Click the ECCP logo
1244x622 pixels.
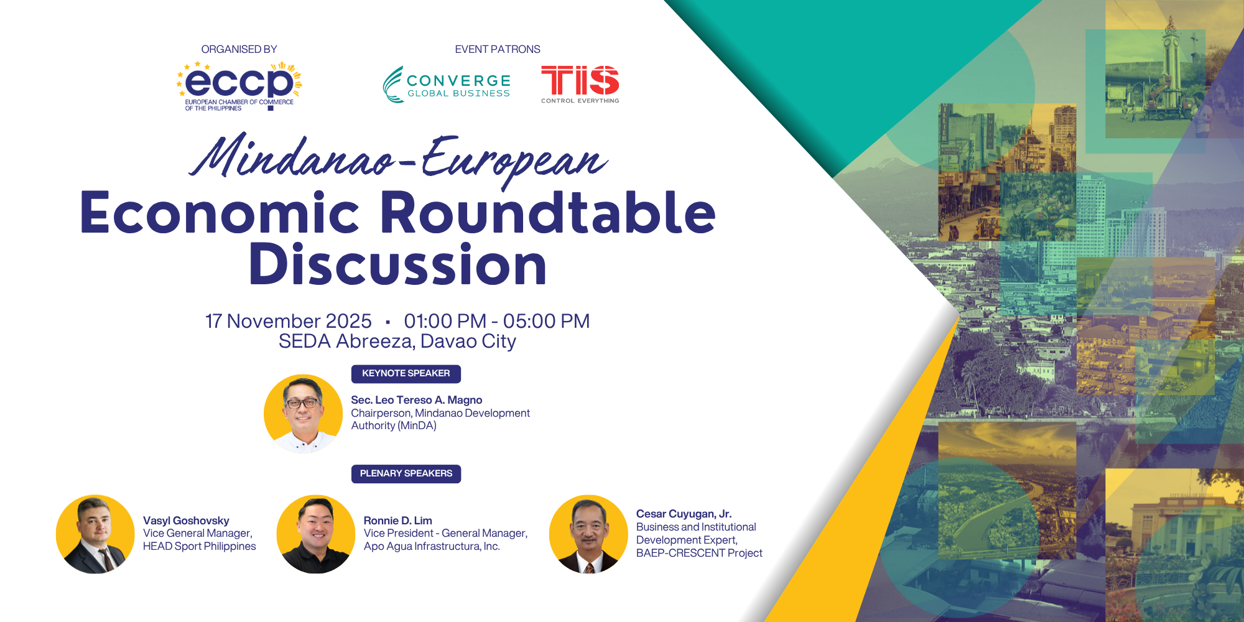[239, 86]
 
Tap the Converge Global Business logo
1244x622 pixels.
[447, 85]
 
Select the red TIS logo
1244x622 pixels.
[580, 83]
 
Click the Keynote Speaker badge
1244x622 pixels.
[406, 373]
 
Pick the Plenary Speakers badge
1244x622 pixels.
[406, 473]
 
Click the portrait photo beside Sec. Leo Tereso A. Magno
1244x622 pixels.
[303, 413]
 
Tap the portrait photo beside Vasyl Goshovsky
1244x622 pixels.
[95, 534]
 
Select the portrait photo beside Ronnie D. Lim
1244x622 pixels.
[315, 534]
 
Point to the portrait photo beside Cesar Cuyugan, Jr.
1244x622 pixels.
[588, 534]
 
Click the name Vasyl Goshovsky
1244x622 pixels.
[186, 521]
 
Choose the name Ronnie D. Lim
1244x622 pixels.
[397, 521]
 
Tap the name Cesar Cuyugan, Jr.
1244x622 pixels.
[684, 514]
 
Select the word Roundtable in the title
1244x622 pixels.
[547, 213]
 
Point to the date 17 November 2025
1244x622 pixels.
[289, 321]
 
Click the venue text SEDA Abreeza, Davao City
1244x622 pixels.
[397, 341]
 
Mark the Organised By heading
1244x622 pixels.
[239, 49]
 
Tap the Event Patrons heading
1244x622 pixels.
[498, 49]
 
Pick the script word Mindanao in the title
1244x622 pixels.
[292, 157]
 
